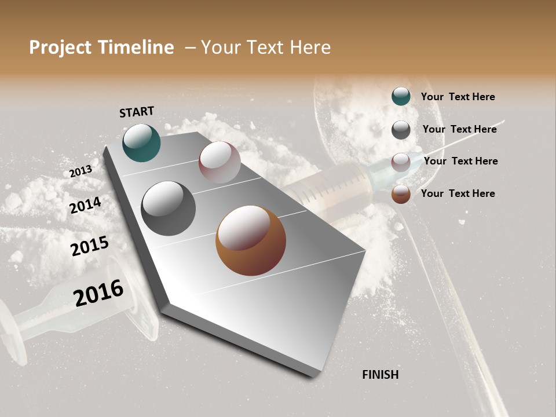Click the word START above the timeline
[137, 112]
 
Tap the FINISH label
[380, 375]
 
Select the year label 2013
[81, 171]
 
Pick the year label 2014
[86, 206]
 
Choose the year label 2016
[98, 293]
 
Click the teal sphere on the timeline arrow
[141, 143]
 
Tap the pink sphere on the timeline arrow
[220, 162]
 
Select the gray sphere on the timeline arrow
[168, 209]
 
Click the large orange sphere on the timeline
[251, 240]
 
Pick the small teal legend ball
[401, 97]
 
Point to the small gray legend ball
[401, 130]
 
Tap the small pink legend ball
[401, 162]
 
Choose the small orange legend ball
[401, 195]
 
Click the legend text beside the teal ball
[458, 97]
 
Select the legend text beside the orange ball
[458, 193]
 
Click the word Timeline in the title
[136, 47]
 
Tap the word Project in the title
[60, 47]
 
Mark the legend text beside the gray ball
[459, 129]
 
